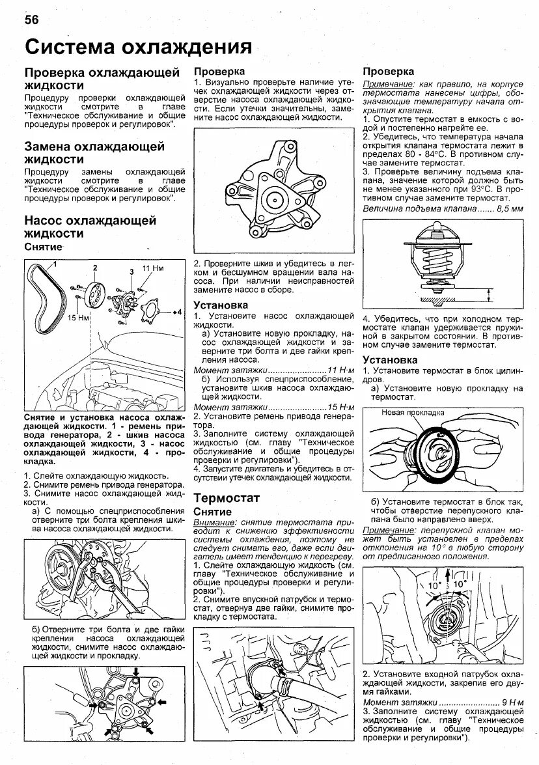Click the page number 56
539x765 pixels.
32,20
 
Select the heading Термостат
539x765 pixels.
227,497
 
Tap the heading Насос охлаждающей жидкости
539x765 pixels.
90,227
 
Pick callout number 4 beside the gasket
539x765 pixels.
176,313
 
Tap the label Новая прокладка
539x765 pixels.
412,412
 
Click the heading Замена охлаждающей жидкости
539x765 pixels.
94,152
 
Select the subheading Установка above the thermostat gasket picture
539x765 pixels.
390,359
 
